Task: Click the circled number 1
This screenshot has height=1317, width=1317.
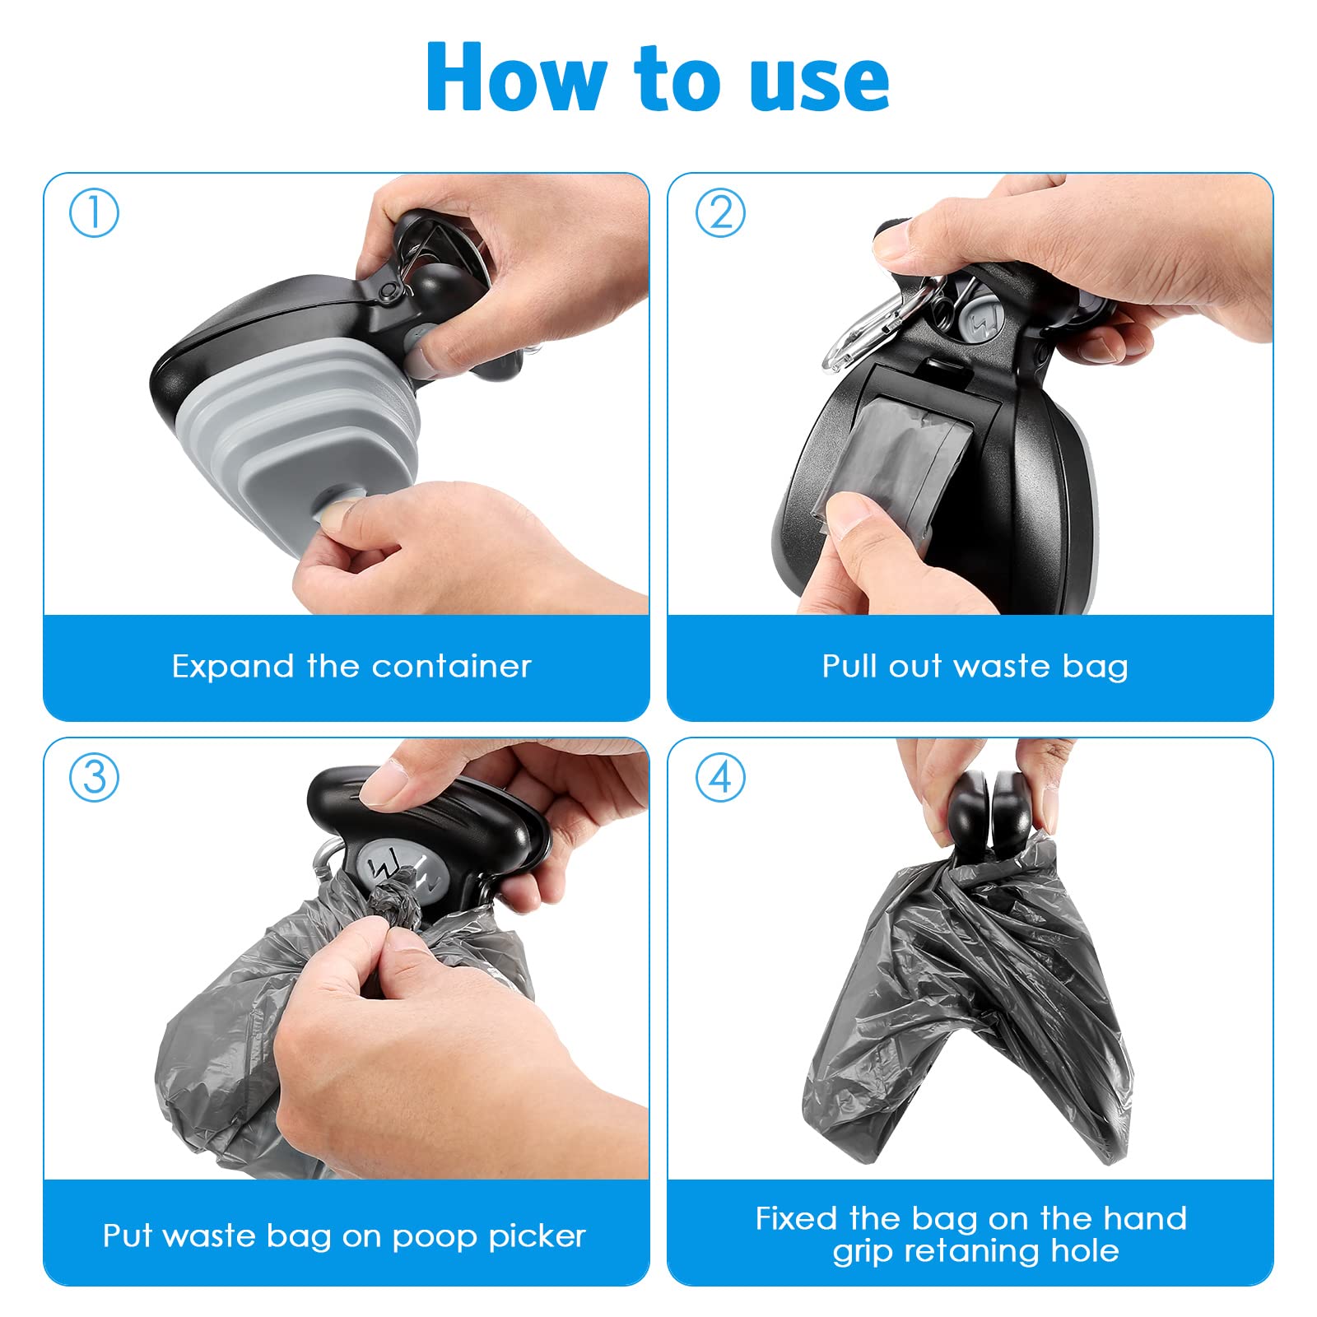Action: click(x=94, y=212)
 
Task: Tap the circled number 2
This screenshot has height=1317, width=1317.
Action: click(x=720, y=212)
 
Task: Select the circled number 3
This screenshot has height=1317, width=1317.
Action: click(x=94, y=777)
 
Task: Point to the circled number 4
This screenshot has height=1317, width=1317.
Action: click(x=720, y=777)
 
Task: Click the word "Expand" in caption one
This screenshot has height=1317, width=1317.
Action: click(x=232, y=667)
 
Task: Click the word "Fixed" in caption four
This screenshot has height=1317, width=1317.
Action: click(x=797, y=1218)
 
